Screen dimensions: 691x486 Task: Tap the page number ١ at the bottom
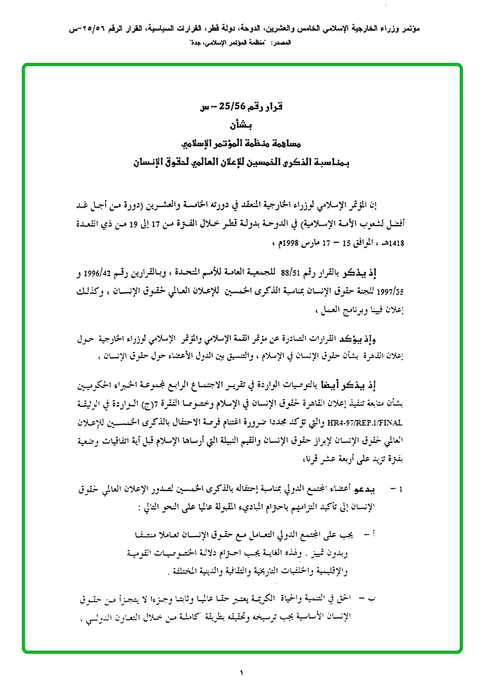(242, 674)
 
